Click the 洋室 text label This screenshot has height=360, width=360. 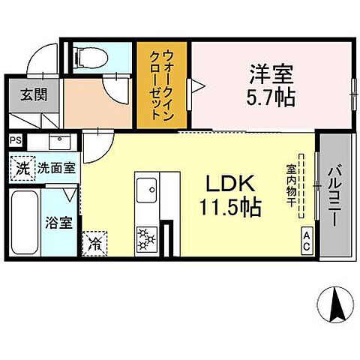coord(271,75)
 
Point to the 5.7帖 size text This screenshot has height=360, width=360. coord(271,97)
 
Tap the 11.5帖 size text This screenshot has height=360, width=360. coord(231,207)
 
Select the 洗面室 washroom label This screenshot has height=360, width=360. coord(56,168)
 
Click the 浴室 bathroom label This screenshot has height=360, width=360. coord(59,223)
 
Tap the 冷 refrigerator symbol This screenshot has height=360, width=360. coord(96,243)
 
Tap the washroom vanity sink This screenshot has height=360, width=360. coord(59,142)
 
